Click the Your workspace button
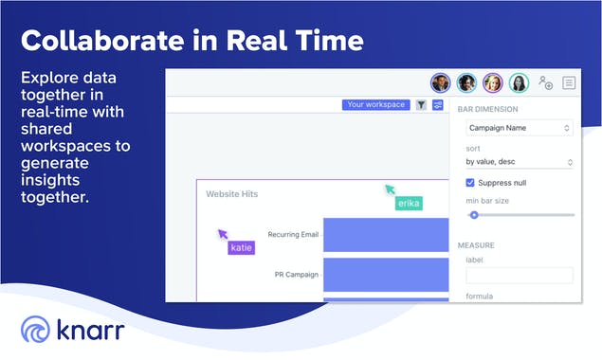[375, 104]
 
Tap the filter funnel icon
[421, 104]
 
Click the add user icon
[545, 82]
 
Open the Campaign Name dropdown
[519, 127]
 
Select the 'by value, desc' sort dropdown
[519, 162]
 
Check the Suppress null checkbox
[471, 182]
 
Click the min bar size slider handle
[474, 215]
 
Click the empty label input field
[519, 275]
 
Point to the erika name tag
[409, 203]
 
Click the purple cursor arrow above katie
[223, 233]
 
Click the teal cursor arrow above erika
[389, 188]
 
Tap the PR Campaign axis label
[296, 275]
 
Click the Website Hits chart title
[231, 193]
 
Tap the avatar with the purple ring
[492, 82]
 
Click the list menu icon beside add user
[569, 82]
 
